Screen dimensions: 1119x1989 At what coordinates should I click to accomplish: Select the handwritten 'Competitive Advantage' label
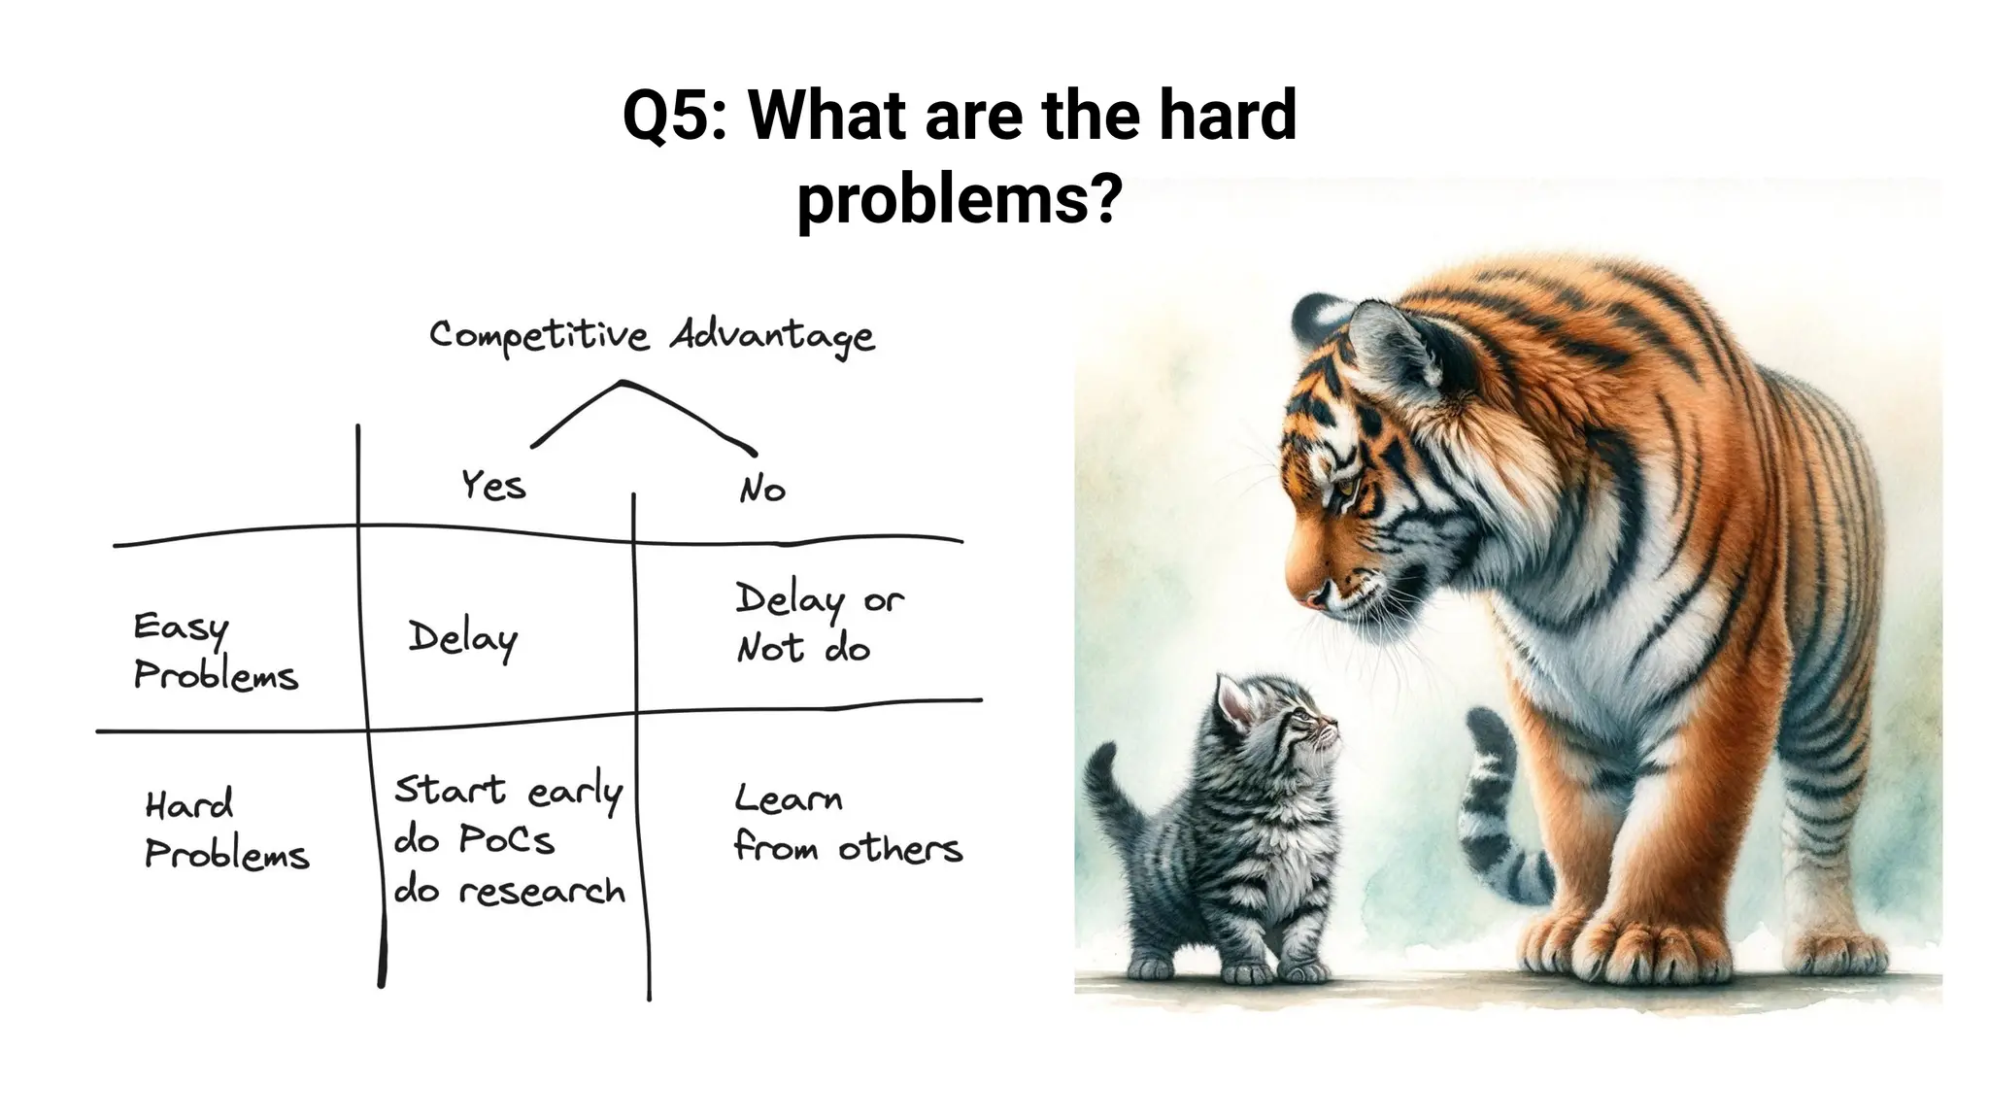[652, 336]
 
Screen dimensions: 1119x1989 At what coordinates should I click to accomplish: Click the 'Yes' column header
[493, 485]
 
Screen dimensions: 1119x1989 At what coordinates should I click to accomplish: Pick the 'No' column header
[761, 489]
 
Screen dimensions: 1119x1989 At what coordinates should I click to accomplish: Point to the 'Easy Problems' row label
[215, 652]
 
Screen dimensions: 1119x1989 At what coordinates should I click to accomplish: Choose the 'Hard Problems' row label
[226, 830]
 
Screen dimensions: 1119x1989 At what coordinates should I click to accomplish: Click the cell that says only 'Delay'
[463, 639]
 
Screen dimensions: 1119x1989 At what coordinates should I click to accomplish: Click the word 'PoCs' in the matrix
[506, 840]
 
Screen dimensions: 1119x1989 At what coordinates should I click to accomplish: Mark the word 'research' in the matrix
[542, 891]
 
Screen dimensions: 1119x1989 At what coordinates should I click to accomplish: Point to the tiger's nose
[1313, 594]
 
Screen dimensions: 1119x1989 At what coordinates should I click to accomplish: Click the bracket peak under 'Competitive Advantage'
[623, 384]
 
